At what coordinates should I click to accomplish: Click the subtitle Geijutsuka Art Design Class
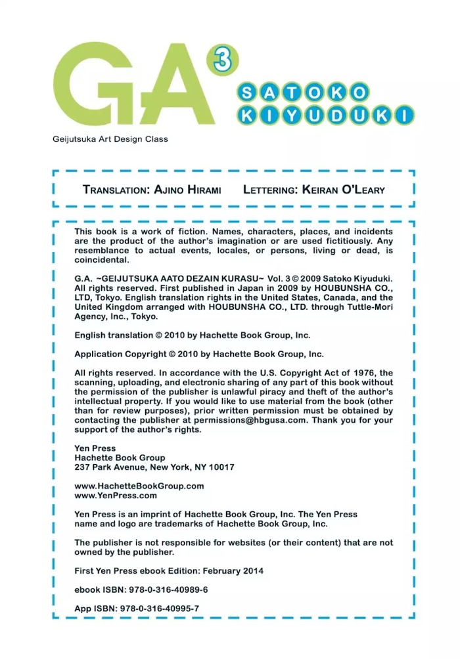(110, 139)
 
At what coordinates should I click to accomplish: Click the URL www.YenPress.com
(116, 496)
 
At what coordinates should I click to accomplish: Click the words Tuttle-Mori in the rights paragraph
(368, 307)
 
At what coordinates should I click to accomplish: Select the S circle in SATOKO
(246, 93)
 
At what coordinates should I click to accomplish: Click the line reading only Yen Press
(95, 449)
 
